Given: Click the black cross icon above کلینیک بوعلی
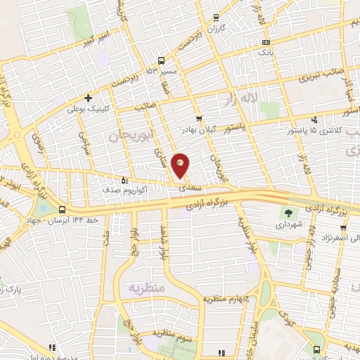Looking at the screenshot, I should coord(88,98).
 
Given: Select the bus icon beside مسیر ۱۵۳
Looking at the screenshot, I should coord(162,60).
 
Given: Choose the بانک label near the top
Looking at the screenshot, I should coord(264,52).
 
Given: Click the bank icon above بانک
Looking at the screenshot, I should coord(264,42).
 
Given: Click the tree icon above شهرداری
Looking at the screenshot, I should coord(288,213).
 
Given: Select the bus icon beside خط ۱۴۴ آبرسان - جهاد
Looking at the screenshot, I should coord(63,210).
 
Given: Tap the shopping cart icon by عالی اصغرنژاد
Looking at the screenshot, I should coord(343,228).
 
